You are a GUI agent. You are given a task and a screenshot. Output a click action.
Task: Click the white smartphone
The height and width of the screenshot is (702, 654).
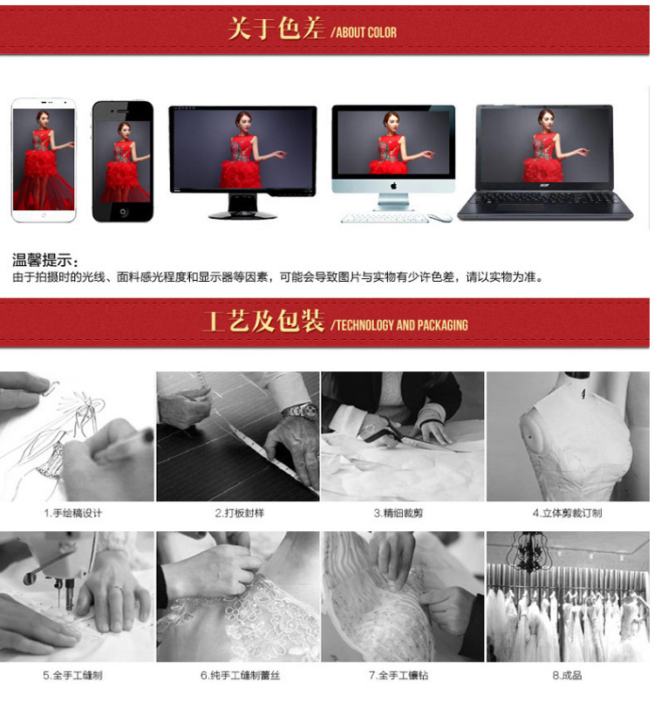tap(44, 160)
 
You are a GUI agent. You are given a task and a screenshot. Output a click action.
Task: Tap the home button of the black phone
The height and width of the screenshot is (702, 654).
tap(123, 211)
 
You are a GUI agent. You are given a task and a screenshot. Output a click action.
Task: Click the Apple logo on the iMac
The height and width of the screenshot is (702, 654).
tap(393, 186)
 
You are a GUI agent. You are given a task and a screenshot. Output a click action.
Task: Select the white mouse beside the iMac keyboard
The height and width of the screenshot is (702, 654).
tap(440, 218)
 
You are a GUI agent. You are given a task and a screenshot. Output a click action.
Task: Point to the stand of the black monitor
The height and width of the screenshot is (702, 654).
tap(242, 207)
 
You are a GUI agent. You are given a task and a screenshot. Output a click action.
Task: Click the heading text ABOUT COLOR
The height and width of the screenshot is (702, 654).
tap(365, 32)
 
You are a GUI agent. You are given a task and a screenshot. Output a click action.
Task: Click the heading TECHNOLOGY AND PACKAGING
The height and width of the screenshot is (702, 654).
tap(401, 325)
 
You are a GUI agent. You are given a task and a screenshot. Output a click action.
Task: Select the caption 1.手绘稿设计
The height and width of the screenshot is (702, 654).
tap(73, 513)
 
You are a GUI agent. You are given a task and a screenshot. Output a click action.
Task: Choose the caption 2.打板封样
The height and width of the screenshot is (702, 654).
tap(240, 513)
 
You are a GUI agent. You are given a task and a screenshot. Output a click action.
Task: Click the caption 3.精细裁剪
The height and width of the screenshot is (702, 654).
tap(399, 513)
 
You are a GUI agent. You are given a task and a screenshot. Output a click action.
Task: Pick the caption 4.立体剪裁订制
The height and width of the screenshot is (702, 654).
tap(567, 513)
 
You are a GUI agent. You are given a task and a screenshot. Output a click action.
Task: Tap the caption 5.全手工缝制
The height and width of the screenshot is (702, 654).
tap(73, 675)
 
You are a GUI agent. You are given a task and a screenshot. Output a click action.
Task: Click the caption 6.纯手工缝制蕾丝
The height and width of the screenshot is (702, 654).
tap(241, 675)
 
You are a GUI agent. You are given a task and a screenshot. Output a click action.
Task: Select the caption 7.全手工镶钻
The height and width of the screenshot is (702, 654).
tap(399, 675)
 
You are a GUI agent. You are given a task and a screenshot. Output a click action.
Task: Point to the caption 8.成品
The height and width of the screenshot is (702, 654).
tap(567, 675)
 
